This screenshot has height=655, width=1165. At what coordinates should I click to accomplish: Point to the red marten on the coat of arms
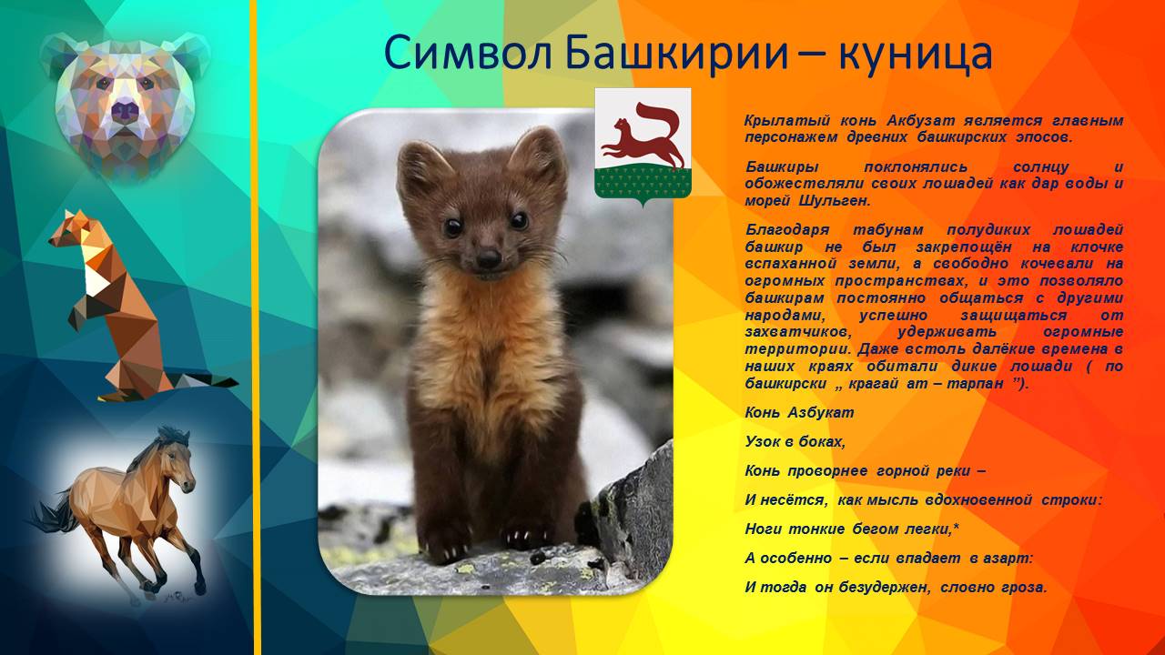643,135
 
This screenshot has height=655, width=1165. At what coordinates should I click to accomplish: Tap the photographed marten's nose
489,258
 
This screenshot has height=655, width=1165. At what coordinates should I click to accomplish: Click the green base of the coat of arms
643,183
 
